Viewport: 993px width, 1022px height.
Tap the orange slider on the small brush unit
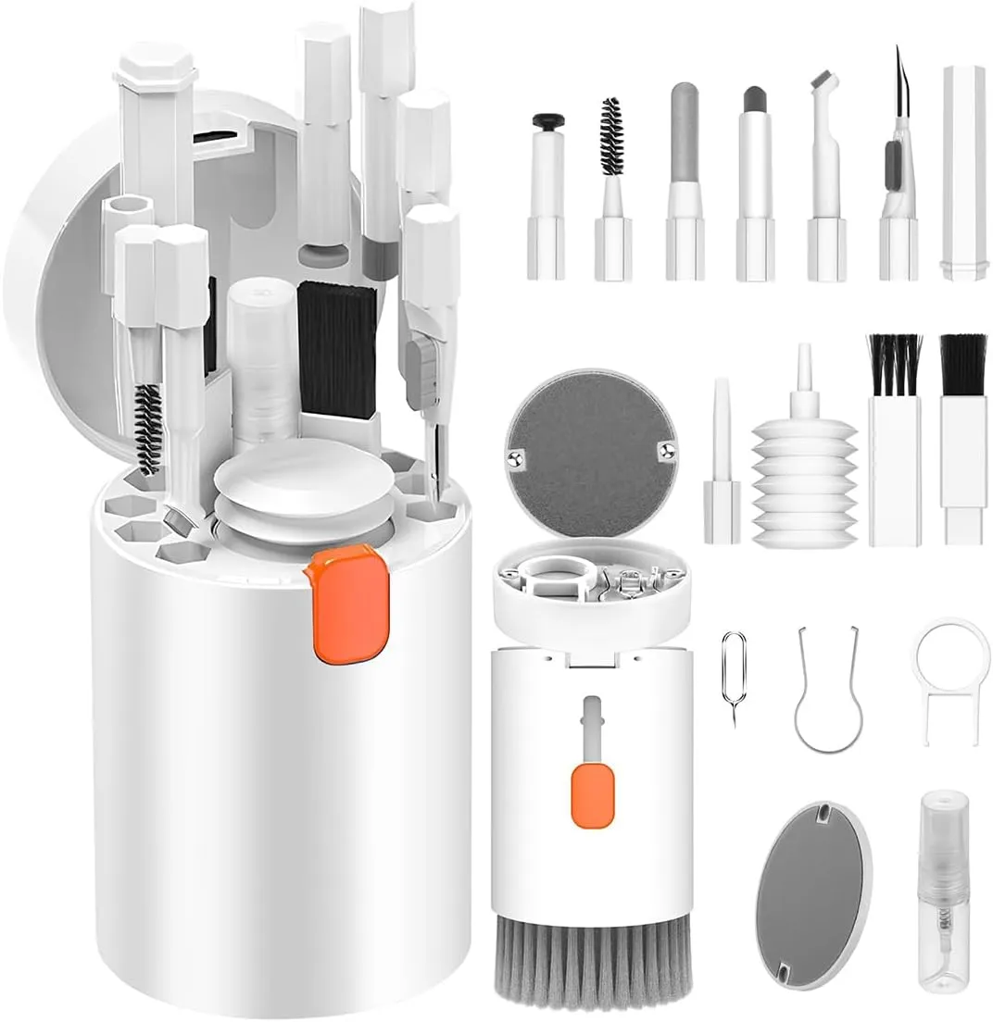[x=590, y=794]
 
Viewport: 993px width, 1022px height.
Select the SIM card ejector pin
[x=734, y=675]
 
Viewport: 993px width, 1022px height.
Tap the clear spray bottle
[x=943, y=890]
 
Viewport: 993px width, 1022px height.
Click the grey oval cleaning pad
[x=813, y=893]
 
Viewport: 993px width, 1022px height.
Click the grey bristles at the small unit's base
[x=591, y=963]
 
